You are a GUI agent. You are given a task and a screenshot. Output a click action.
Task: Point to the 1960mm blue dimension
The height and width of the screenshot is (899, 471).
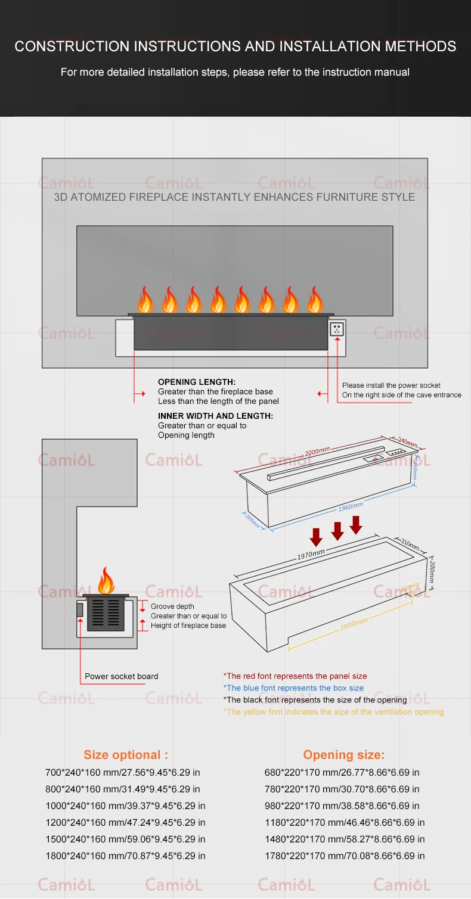tap(351, 507)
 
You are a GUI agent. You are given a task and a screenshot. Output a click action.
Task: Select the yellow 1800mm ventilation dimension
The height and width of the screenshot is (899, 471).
tap(354, 623)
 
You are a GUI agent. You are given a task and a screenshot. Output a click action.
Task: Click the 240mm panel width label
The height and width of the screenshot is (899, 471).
tap(407, 443)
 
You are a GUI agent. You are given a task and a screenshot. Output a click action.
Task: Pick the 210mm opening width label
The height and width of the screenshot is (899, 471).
tap(410, 545)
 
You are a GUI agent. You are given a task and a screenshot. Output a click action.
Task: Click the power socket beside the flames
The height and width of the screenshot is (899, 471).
tap(337, 328)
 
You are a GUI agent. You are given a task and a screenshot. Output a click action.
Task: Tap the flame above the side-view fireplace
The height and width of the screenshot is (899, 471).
tap(106, 581)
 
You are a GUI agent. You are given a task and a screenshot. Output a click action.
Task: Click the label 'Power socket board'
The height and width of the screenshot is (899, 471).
tap(122, 676)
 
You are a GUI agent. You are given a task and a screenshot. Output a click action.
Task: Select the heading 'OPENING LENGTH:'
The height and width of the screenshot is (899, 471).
tap(197, 382)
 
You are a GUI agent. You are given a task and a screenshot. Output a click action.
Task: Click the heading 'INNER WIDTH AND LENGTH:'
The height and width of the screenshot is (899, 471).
tap(215, 416)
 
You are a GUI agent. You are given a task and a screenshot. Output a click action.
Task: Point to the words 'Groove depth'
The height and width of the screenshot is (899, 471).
tap(172, 606)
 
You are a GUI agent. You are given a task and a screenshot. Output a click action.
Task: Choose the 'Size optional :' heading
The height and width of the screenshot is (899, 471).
tap(126, 755)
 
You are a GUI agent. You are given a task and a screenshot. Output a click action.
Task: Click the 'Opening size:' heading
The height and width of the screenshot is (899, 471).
tap(344, 755)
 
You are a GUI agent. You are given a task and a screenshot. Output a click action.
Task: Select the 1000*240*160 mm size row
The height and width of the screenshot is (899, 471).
tap(125, 805)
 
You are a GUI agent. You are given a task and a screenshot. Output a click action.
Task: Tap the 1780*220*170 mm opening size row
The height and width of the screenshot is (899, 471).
tap(345, 856)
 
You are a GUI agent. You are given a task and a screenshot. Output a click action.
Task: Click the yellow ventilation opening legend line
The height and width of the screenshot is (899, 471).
tap(333, 712)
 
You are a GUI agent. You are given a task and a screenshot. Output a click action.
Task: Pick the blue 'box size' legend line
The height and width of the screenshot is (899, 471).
tap(293, 688)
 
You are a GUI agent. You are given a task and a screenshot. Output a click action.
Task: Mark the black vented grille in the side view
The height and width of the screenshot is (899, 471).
tap(106, 613)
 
